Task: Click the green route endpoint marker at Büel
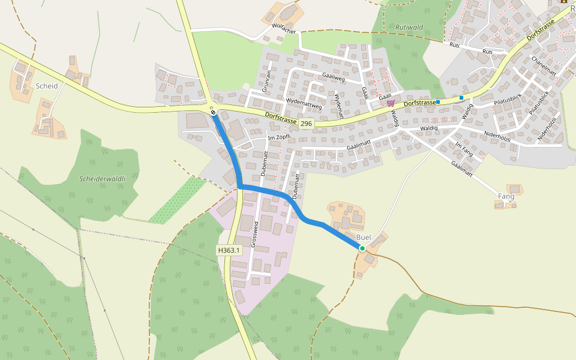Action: (x=362, y=248)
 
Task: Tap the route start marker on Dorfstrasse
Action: (x=213, y=112)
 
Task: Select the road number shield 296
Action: (x=306, y=123)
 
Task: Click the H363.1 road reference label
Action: (x=229, y=250)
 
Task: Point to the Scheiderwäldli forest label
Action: (x=103, y=179)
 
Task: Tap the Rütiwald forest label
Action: (x=409, y=27)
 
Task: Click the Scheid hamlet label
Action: (x=47, y=86)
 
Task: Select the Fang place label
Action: (x=506, y=196)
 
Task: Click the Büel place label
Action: (x=364, y=238)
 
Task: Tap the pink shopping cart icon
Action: (x=391, y=103)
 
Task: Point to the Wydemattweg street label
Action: (x=304, y=103)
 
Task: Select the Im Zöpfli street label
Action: (x=278, y=137)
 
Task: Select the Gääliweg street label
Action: (x=333, y=77)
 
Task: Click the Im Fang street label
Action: (x=464, y=149)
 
